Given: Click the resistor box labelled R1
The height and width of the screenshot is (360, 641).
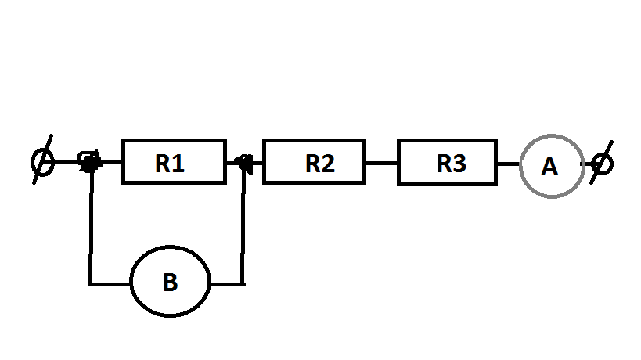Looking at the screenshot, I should coord(174,162).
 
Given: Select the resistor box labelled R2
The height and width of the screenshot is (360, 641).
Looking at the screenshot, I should coord(314,162).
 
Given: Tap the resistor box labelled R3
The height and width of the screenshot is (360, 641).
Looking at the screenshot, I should coord(447,163).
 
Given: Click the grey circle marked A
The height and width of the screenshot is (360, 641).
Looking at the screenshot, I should coord(551,166).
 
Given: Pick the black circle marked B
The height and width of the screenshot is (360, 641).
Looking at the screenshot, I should coord(171,283).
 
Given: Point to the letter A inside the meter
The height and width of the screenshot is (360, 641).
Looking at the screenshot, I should coord(550,167).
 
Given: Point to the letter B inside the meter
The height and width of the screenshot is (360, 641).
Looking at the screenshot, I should coord(170,283).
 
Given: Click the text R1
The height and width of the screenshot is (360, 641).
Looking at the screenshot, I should coord(170,164).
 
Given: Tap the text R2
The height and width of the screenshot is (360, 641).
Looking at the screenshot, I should coord(319,164).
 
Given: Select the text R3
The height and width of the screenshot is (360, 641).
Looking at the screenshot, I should coord(452,164).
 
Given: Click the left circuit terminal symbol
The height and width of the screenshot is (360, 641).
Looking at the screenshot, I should coord(43,163).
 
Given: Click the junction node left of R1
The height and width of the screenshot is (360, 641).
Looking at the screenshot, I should coord(91,163).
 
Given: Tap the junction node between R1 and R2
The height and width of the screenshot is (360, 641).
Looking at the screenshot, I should coord(244,163).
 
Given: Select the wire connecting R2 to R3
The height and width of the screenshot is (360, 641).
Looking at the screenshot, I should coord(381,164).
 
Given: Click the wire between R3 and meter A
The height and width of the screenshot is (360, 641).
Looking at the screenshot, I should coord(508,164).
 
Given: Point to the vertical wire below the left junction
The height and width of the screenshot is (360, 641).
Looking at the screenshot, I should coord(92,227).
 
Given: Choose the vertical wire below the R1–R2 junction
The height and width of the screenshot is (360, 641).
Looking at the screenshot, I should coord(244,227).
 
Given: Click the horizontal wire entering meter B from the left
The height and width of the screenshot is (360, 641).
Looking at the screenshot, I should coord(110,283).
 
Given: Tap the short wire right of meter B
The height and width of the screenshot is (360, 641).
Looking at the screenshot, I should coord(227,283).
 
